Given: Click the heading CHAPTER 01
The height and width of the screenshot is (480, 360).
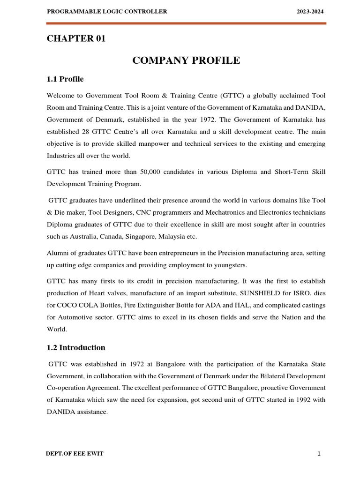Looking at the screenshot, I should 76,39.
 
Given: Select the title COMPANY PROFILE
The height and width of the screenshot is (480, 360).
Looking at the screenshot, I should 186,60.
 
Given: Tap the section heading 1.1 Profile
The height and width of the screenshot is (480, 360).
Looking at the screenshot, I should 65,79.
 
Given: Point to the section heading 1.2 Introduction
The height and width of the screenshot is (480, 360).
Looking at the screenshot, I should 76,347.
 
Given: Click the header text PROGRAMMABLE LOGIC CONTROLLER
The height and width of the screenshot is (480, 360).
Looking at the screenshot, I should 107,12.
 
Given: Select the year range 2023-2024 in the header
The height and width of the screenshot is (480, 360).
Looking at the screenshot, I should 310,12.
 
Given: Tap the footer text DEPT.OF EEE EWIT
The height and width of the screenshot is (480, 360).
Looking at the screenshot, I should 75,454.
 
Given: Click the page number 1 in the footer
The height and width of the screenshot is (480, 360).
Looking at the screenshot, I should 318,454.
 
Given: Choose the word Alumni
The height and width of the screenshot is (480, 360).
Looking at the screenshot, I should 58,253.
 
